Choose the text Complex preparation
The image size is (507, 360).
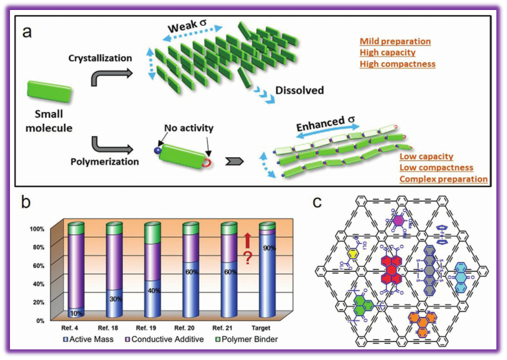tap(444, 179)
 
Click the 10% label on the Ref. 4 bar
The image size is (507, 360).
tap(76, 312)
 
